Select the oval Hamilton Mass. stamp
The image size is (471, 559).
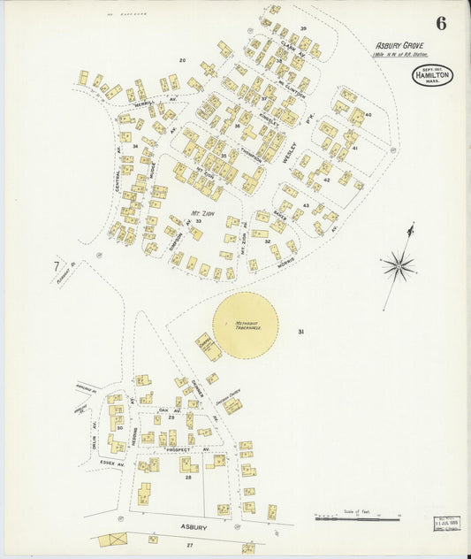(x=431, y=75)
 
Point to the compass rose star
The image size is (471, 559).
(x=399, y=264)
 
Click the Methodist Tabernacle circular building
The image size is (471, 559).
(x=245, y=325)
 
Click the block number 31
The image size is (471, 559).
(x=301, y=333)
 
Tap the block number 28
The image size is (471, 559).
(x=187, y=478)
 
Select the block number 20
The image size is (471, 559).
(x=182, y=60)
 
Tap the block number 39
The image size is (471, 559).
(x=302, y=28)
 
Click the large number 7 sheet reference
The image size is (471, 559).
(x=56, y=266)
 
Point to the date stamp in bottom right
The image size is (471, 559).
(x=447, y=524)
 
